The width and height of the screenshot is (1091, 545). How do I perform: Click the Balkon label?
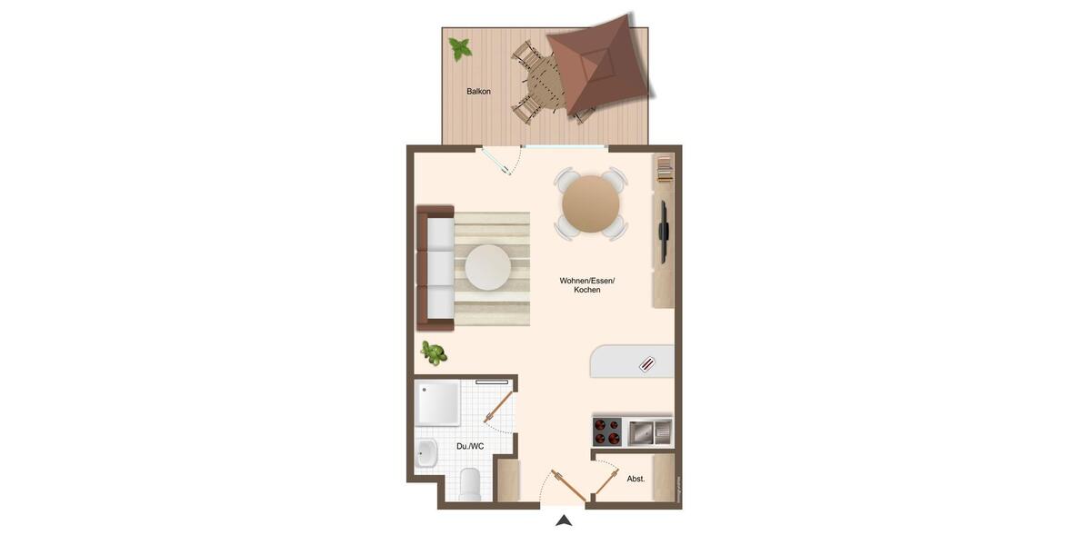[x=478, y=92]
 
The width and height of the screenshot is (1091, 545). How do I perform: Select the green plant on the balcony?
[x=460, y=48]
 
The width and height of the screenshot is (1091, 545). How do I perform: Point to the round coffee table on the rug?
[x=488, y=268]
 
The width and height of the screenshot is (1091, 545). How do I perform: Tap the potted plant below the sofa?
[x=434, y=352]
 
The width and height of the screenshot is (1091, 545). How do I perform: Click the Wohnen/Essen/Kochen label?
[x=587, y=285]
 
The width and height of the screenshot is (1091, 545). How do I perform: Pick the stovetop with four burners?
[x=606, y=432]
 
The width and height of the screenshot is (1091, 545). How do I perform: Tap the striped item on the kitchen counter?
[x=646, y=365]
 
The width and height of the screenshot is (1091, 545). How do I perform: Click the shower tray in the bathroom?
[x=437, y=403]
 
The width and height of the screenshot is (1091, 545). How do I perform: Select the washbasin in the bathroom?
[x=426, y=452]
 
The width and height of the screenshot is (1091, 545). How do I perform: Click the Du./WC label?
[x=470, y=446]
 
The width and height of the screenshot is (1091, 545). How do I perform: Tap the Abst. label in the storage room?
[x=636, y=479]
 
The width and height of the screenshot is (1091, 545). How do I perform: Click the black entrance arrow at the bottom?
[x=564, y=520]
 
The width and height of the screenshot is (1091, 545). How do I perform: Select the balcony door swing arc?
[x=508, y=163]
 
